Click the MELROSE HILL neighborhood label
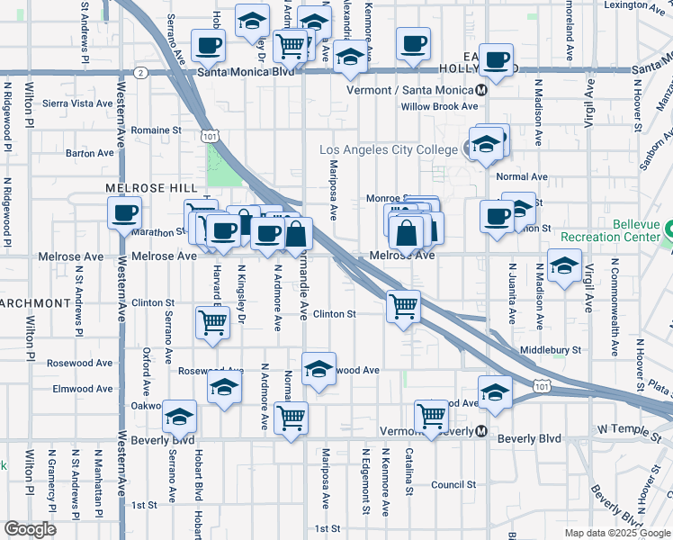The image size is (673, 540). [x=151, y=186]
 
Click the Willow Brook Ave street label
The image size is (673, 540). [x=440, y=106]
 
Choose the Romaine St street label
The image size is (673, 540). [x=157, y=130]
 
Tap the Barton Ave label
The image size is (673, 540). [x=90, y=153]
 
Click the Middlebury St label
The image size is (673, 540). [x=551, y=349]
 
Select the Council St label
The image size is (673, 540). [x=453, y=484]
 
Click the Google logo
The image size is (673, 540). [x=30, y=529]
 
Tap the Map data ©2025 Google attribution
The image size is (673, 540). [x=617, y=533]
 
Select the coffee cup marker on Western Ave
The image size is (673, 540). [x=124, y=212]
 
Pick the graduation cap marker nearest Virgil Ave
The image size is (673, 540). [x=564, y=265]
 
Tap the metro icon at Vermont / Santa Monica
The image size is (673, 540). [x=482, y=90]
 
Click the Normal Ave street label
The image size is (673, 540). [x=522, y=176]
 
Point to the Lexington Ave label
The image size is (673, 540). [x=638, y=5]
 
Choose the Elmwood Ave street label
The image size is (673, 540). [x=85, y=389]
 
